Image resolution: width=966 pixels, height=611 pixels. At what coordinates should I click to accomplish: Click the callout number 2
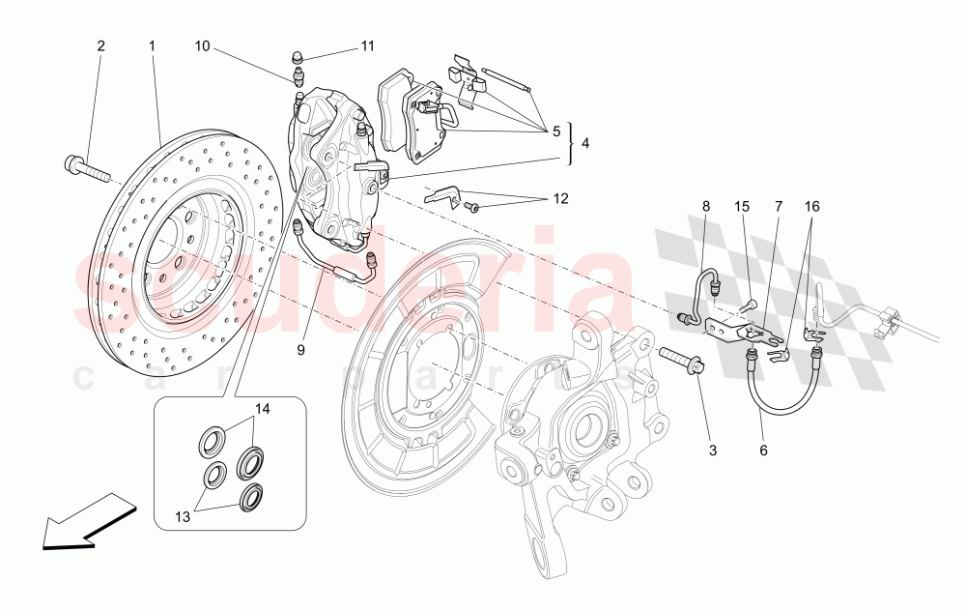(x=99, y=45)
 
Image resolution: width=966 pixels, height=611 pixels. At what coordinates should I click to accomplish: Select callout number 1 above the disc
(x=152, y=45)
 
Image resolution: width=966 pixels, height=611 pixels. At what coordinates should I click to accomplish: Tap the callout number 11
(x=367, y=45)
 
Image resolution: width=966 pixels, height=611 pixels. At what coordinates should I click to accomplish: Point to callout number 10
(x=201, y=45)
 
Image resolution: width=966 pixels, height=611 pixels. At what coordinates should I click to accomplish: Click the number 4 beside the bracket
(x=584, y=145)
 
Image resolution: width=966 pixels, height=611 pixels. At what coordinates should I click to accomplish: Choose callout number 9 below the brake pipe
(x=300, y=350)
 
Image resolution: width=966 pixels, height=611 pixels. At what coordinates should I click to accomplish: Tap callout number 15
(x=741, y=206)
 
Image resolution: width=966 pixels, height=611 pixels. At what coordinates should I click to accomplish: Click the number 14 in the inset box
(x=261, y=410)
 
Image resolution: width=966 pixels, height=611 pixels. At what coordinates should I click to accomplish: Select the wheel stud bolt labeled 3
(x=683, y=364)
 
